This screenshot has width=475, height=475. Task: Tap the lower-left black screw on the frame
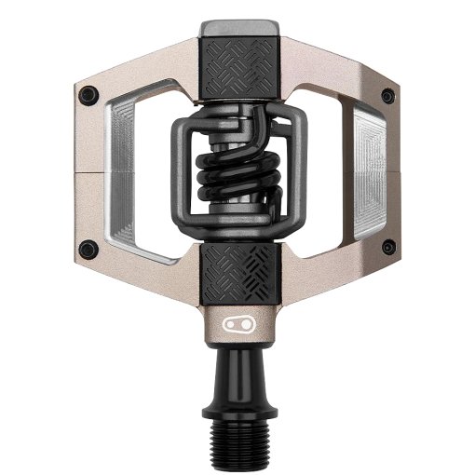coord(88,247)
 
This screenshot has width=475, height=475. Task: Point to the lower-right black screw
coord(386,247)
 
